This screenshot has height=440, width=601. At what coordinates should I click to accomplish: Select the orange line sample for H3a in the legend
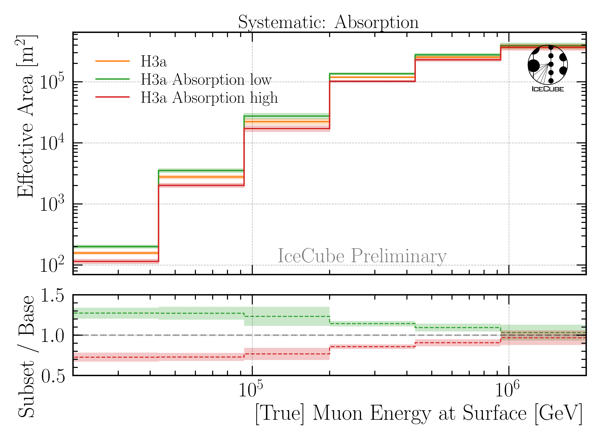112,61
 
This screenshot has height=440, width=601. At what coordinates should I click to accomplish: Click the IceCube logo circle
548,65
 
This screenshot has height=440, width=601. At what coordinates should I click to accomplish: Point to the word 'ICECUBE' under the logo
548,89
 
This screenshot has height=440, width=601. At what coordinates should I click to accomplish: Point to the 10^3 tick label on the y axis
52,204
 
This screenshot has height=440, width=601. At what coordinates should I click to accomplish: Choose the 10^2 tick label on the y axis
52,265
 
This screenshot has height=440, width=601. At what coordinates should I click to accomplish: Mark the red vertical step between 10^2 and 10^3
159,224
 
